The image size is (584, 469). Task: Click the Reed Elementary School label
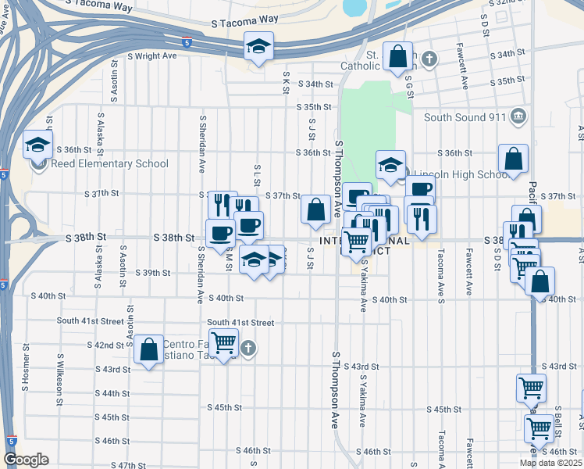pos(109,163)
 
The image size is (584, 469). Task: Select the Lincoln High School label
pos(461,174)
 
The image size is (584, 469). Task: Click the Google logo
pos(25,460)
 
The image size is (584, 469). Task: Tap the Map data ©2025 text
pos(550,463)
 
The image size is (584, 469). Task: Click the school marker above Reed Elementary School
pos(37,145)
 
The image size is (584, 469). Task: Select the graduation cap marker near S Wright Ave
pos(258,47)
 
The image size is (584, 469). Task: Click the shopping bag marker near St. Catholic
pos(398,57)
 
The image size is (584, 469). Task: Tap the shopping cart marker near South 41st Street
pos(224,342)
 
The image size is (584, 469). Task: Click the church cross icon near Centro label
pos(248,348)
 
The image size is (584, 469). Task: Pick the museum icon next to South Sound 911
pos(518,117)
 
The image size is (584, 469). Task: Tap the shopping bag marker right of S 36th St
pos(514,159)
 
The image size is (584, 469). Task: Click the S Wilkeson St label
pos(59,379)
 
